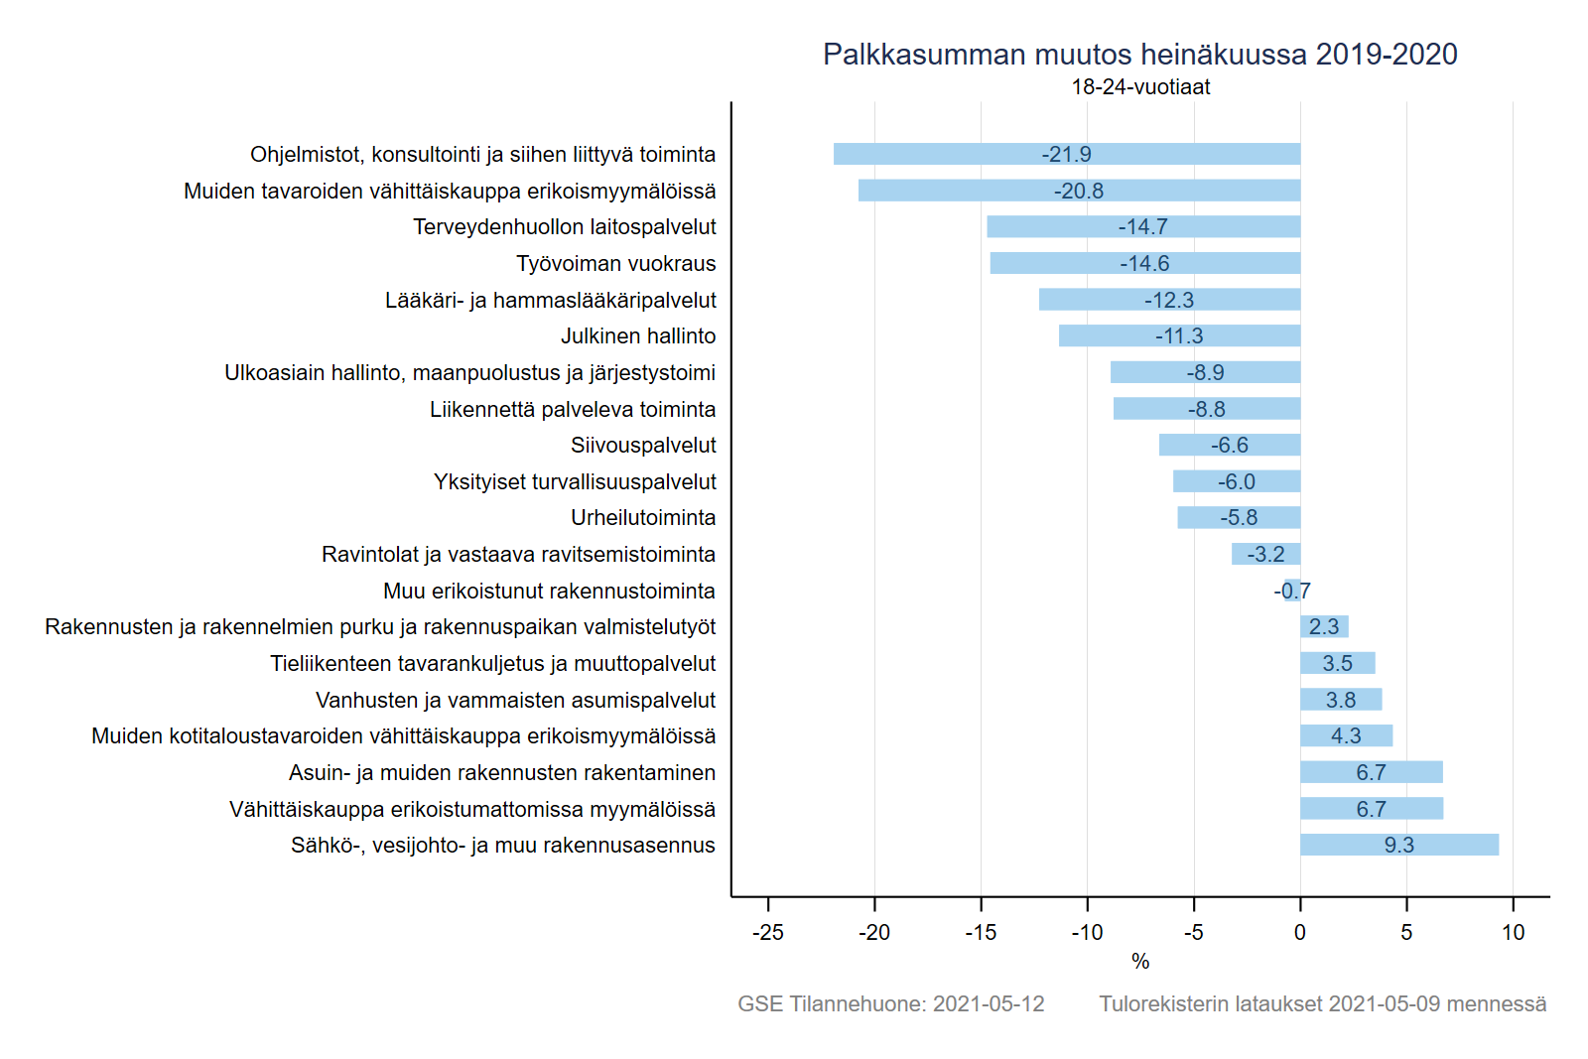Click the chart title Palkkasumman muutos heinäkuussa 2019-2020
[x=1139, y=55]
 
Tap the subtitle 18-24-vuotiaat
[x=1140, y=87]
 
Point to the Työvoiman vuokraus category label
[x=615, y=264]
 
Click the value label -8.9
[x=1205, y=373]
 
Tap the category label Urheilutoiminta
[x=643, y=518]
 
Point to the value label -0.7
[x=1292, y=592]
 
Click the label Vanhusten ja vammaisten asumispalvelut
[x=515, y=701]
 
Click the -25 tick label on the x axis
[x=767, y=933]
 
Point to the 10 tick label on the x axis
[x=1513, y=933]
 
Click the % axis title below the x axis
[x=1140, y=962]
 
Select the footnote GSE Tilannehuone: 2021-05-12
[x=890, y=1004]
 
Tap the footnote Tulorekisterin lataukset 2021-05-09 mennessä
[x=1322, y=1004]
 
